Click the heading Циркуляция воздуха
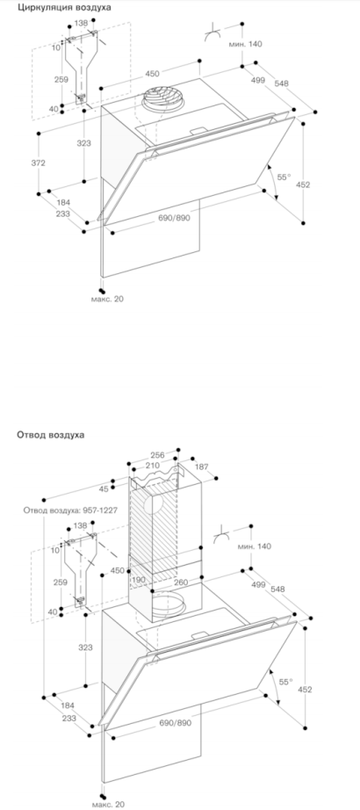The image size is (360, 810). pyautogui.click(x=64, y=7)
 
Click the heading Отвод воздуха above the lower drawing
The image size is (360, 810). pyautogui.click(x=51, y=435)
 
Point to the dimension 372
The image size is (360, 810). pyautogui.click(x=39, y=163)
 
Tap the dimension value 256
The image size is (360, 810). pyautogui.click(x=157, y=455)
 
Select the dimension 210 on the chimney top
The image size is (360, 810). pyautogui.click(x=152, y=466)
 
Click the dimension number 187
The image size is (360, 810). pyautogui.click(x=201, y=467)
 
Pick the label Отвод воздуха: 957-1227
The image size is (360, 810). pyautogui.click(x=70, y=510)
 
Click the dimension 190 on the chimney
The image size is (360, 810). pyautogui.click(x=139, y=580)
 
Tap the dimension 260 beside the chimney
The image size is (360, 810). pyautogui.click(x=180, y=582)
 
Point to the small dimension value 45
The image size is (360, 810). pyautogui.click(x=104, y=488)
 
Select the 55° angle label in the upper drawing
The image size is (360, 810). pyautogui.click(x=284, y=177)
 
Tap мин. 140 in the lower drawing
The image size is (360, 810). pyautogui.click(x=254, y=546)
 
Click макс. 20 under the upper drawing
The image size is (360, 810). pyautogui.click(x=107, y=299)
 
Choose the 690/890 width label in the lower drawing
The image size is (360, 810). pyautogui.click(x=174, y=723)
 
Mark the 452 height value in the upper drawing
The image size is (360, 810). pyautogui.click(x=304, y=184)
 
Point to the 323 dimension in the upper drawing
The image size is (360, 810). pyautogui.click(x=83, y=143)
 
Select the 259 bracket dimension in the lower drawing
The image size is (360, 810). pyautogui.click(x=61, y=582)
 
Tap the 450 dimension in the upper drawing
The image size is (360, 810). pyautogui.click(x=152, y=73)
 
